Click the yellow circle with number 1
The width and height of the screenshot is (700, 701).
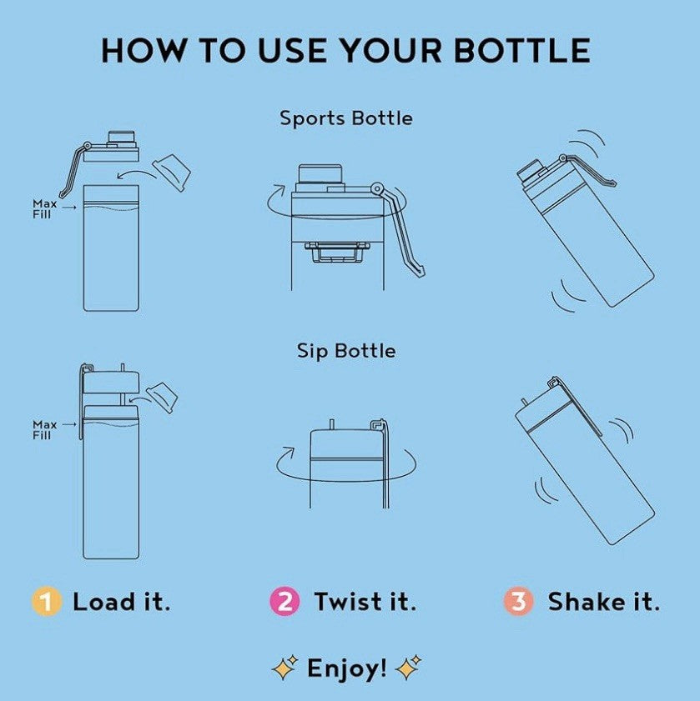coord(46,601)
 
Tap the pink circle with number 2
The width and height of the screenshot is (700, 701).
coord(285,601)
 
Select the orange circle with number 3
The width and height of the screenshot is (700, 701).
coord(518,601)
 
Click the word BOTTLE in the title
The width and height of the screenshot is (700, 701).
coord(521,50)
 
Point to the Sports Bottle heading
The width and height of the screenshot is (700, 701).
coord(346,118)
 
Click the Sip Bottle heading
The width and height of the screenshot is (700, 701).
coord(346,351)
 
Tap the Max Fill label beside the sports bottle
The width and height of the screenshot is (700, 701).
coord(44,208)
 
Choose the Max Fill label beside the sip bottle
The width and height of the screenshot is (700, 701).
coord(44,429)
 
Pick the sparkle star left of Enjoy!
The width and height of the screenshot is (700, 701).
coord(285,668)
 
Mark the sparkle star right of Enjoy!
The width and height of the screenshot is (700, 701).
coord(408,668)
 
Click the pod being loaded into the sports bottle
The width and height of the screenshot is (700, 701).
coord(172,173)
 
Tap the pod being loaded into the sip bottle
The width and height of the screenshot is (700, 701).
coord(162,398)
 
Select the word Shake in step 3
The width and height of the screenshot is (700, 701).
coord(587,601)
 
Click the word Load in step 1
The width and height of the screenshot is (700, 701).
coord(103,601)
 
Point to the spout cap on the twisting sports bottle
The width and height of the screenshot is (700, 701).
coord(320,175)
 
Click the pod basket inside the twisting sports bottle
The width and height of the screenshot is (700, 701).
coord(338,253)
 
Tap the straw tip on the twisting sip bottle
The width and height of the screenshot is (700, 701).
coord(332,424)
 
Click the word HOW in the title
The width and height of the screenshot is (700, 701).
coord(143,50)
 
